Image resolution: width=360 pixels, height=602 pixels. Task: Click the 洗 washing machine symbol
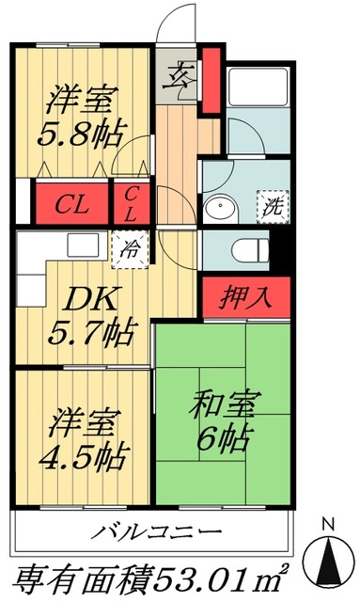click(x=273, y=203)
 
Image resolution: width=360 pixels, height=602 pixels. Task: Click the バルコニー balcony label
click(x=157, y=533)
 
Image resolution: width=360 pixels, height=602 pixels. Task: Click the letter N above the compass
click(x=326, y=523)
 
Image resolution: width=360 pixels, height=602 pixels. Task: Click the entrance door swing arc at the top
click(x=176, y=23)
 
